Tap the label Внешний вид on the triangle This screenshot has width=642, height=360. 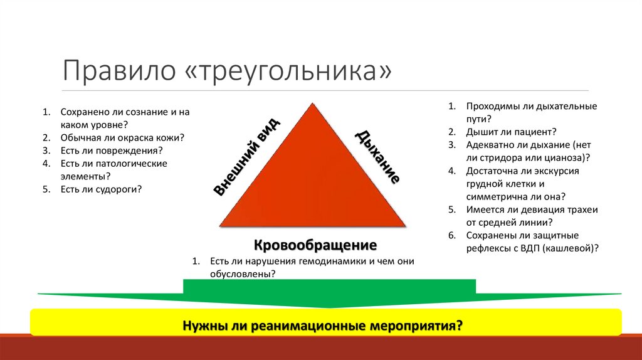(248, 157)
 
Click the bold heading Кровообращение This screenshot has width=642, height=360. (315, 244)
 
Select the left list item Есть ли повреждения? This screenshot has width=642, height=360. (112, 151)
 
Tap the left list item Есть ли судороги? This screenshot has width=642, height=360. (100, 189)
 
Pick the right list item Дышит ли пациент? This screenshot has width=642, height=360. (511, 132)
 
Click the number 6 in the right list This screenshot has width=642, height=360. (450, 236)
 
